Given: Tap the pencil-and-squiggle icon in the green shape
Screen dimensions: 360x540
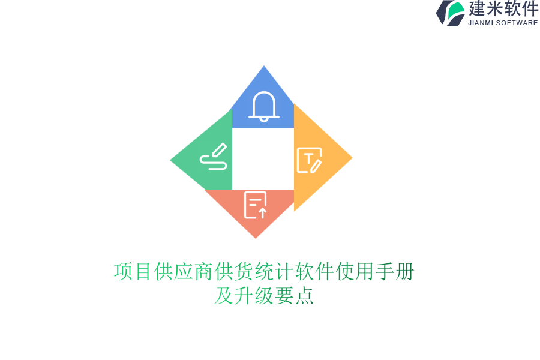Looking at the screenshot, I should pos(214,157).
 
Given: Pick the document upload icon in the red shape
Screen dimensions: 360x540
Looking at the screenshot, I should pos(256,205).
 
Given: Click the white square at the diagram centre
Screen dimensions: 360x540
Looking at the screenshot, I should pos(263,158).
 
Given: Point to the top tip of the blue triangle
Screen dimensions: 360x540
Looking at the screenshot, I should pos(264,67).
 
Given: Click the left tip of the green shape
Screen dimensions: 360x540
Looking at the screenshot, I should pos(172,160).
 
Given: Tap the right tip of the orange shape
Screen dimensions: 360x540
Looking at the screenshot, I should pos(351,158).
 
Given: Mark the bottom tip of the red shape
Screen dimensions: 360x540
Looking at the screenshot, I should pos(256,237).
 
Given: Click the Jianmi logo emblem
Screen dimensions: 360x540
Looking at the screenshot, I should pos(450,13).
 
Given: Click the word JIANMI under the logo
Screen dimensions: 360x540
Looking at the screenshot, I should pos(483,23).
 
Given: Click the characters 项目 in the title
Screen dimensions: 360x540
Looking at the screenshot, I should pos(133,272).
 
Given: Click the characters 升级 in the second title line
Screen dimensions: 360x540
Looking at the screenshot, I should pos(254,296).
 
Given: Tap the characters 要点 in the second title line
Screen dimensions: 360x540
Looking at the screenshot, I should pos(294,296).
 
